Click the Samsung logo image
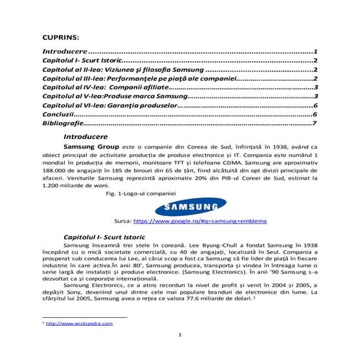(x=179, y=206)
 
